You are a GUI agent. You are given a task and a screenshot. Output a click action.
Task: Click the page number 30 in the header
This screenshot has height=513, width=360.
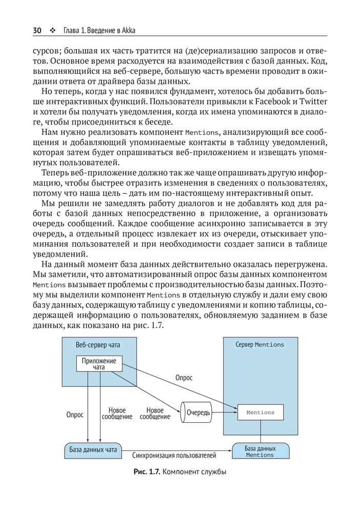point(37,30)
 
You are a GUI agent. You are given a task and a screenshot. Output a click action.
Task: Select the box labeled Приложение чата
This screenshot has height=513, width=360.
point(99,364)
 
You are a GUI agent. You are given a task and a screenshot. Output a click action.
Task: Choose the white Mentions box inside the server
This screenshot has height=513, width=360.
point(260,412)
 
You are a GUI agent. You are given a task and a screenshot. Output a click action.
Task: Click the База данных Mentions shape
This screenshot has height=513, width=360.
point(260,451)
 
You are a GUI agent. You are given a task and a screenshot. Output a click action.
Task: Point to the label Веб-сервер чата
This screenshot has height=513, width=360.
point(97,345)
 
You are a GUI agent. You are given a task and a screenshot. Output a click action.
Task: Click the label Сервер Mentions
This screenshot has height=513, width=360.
point(259,345)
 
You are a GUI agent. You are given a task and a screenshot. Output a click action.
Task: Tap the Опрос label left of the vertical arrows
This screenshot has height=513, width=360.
point(75,415)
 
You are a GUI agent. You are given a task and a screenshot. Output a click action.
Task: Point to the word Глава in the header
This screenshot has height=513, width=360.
point(73,30)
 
